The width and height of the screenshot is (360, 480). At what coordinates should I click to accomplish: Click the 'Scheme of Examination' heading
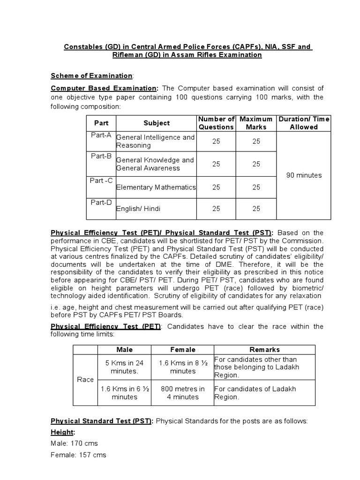click(92, 76)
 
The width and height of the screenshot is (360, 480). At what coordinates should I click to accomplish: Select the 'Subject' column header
click(157, 123)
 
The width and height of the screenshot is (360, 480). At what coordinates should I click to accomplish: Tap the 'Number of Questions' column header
click(216, 123)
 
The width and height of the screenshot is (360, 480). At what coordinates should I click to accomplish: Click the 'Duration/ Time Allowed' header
click(304, 123)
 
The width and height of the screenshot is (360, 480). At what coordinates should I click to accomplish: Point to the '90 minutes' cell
click(304, 175)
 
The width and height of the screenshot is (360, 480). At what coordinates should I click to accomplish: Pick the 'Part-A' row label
click(101, 135)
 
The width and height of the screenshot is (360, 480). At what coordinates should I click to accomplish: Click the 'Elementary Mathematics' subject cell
click(156, 187)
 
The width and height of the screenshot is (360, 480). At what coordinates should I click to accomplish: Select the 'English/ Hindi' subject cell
click(139, 209)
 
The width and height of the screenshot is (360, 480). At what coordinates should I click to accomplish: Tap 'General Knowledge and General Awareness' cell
click(155, 164)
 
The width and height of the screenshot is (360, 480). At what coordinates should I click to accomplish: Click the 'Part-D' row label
click(101, 202)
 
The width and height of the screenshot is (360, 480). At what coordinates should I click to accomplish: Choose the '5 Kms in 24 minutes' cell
click(124, 367)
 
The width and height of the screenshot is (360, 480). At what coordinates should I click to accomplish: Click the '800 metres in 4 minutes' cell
click(183, 393)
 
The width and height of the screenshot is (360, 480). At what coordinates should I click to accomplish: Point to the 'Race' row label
click(85, 380)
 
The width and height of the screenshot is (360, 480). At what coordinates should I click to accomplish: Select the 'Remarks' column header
click(264, 350)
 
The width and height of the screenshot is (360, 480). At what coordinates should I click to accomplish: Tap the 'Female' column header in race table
click(183, 350)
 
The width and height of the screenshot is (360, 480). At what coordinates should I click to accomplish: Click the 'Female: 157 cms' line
click(78, 455)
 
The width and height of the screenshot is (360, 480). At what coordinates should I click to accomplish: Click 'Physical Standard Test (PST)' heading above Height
click(101, 420)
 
